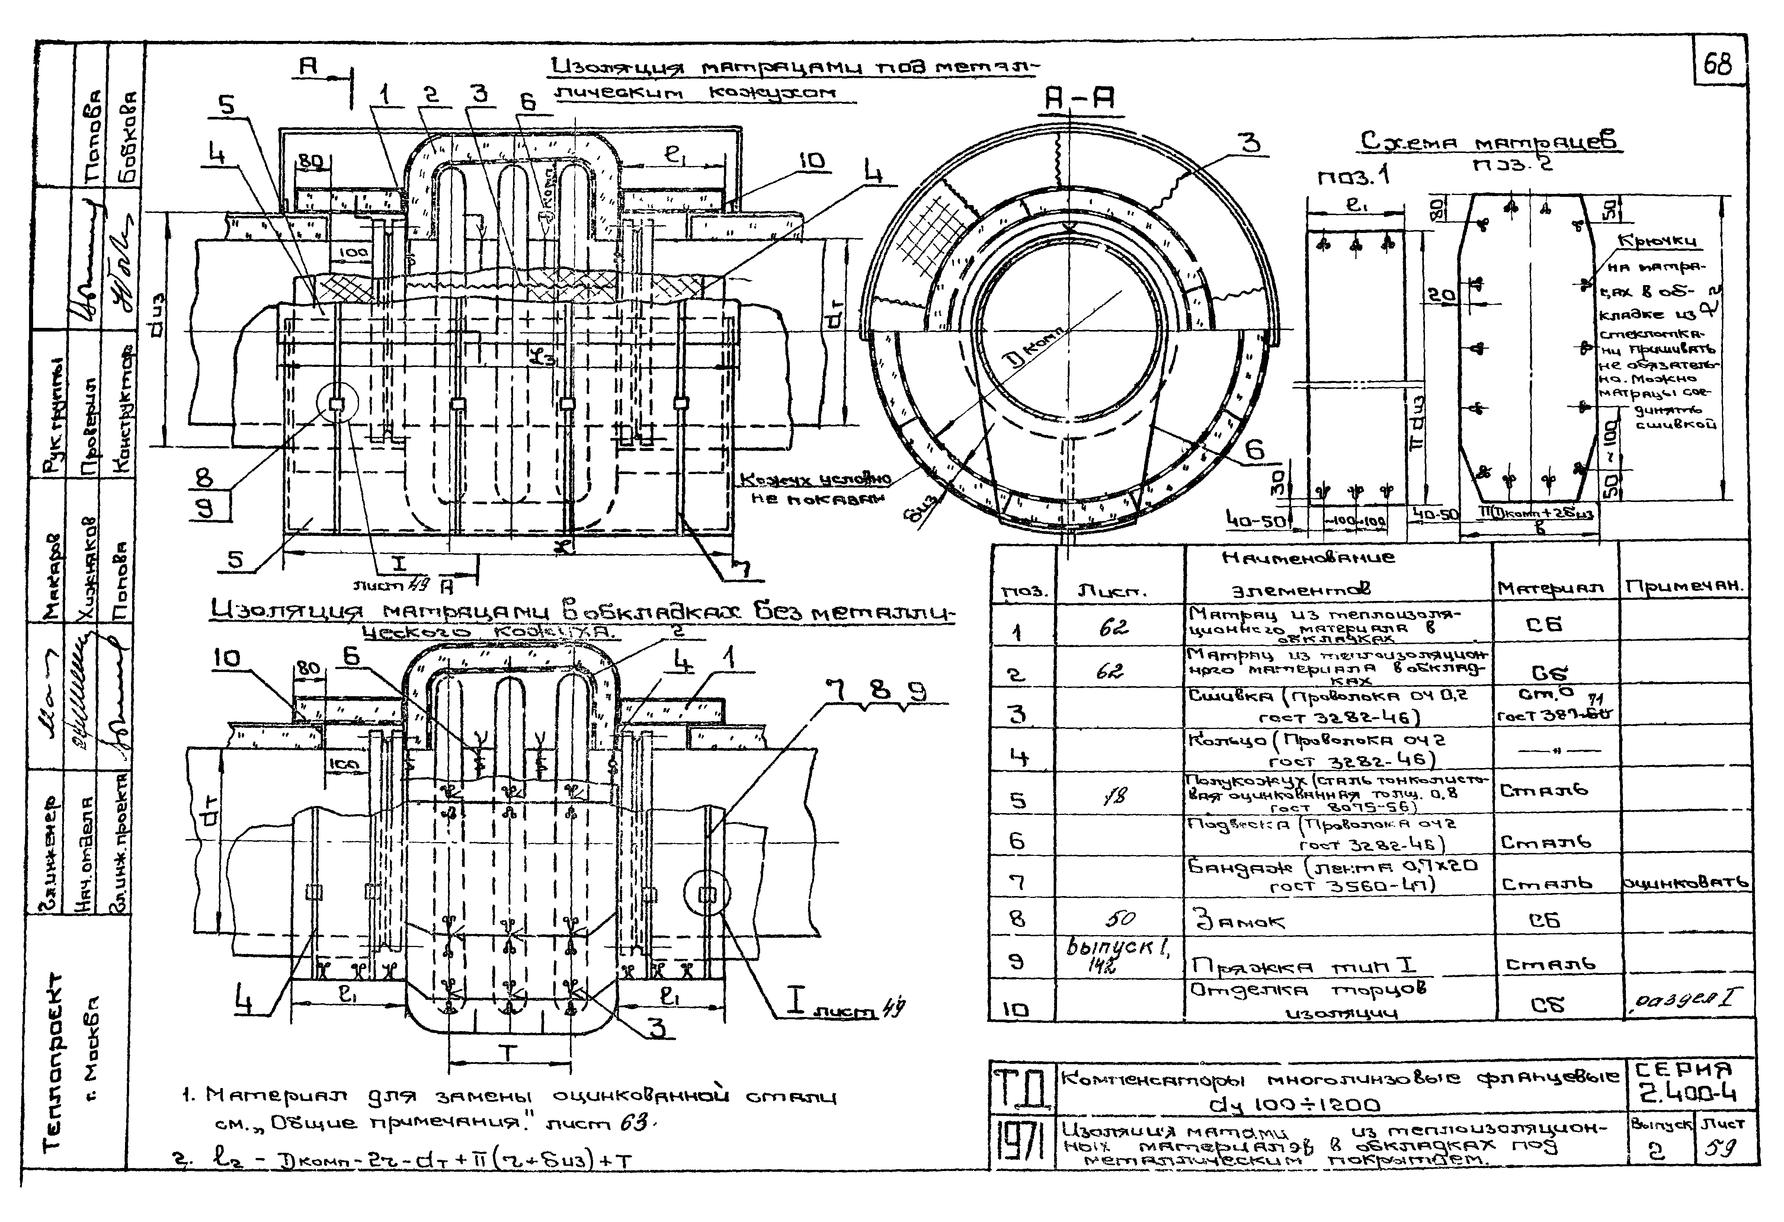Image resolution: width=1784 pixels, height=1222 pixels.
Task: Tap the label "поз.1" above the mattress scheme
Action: tap(1354, 178)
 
